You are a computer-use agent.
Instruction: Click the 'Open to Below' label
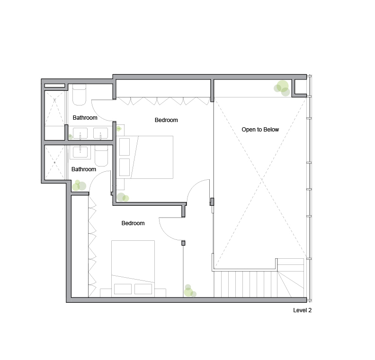coord(260,130)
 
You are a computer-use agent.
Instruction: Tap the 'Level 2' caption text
coord(302,311)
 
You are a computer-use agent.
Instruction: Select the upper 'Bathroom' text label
coord(85,118)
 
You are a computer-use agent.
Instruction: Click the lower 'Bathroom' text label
coord(83,169)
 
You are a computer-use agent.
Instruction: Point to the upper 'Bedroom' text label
coord(166,120)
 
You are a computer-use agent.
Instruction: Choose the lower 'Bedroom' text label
coord(133,223)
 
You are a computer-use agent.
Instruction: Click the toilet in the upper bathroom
coord(79,95)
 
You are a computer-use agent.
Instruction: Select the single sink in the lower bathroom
coord(80,151)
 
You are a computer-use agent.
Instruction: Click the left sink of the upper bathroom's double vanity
coord(80,134)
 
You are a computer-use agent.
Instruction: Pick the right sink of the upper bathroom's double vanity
coord(100,134)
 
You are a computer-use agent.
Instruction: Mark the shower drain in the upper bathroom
coord(55,100)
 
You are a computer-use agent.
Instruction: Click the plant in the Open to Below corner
coord(282,88)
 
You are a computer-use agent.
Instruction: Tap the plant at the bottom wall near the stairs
coord(189,291)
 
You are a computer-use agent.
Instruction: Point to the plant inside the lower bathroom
coord(79,185)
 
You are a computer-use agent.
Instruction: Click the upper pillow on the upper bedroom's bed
coord(125,147)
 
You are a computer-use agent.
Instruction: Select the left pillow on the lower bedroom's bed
coord(123,289)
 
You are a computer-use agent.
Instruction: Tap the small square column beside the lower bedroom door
coord(183,243)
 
